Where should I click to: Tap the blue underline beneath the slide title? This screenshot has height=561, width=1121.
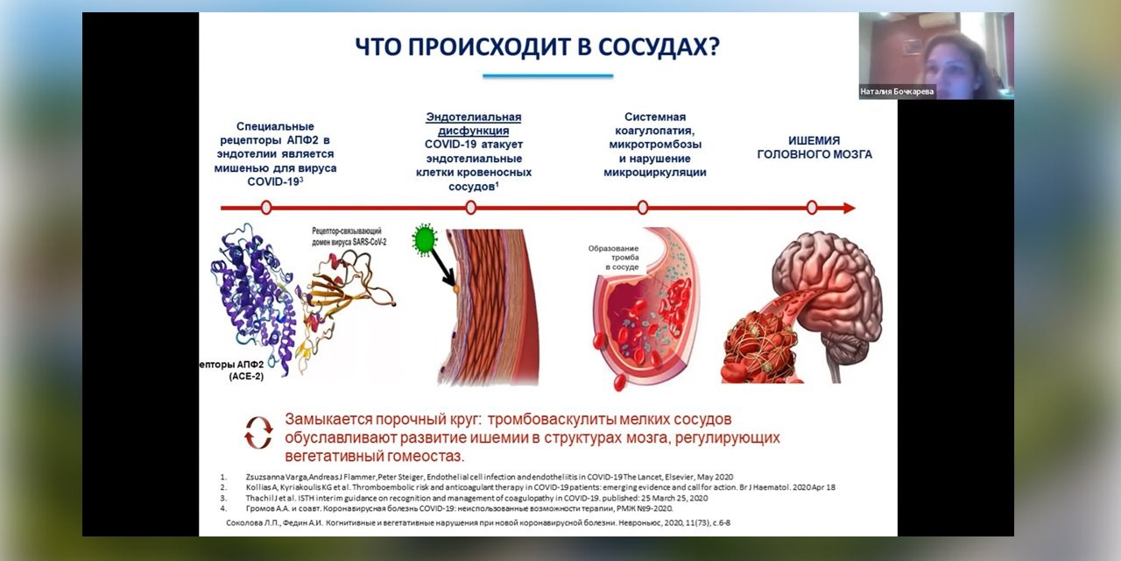547,76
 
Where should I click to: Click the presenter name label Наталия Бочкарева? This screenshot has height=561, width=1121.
897,91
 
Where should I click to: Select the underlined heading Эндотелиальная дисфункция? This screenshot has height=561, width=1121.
473,124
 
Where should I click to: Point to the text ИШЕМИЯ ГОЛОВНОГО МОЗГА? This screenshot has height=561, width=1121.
814,147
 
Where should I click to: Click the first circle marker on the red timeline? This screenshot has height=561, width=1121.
266,208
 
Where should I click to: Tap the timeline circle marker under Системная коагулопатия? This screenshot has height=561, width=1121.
643,208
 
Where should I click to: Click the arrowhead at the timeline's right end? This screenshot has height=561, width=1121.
849,208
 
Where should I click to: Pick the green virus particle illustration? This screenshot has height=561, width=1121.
426,238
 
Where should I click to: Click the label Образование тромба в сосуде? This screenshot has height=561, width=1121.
614,257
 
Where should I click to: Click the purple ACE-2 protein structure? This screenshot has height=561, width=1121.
254,298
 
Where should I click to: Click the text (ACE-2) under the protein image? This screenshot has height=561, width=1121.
246,376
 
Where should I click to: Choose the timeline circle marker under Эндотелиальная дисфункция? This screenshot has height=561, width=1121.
471,208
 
